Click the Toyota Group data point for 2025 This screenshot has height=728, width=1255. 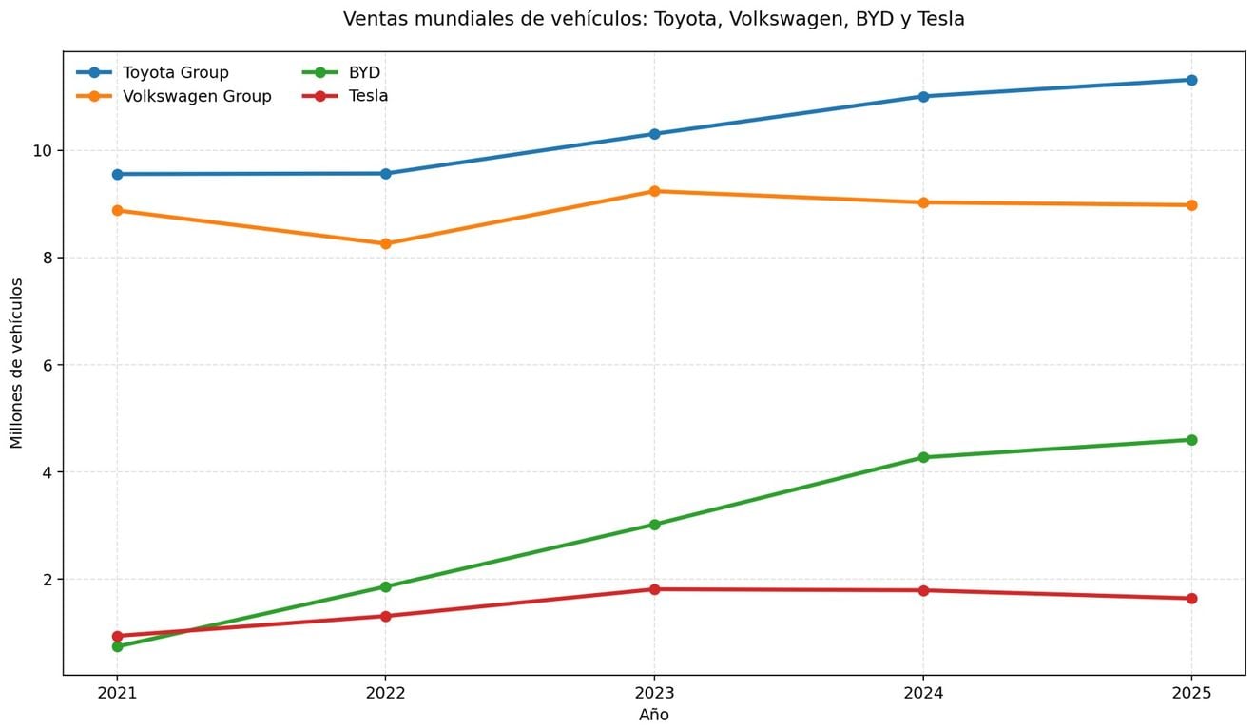click(x=1191, y=80)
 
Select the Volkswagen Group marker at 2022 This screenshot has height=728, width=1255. click(x=385, y=243)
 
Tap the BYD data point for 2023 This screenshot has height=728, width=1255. click(x=654, y=525)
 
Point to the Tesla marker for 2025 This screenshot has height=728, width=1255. click(x=1191, y=598)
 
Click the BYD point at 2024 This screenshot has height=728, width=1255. click(x=923, y=457)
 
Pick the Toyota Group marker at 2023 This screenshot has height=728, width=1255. click(x=654, y=134)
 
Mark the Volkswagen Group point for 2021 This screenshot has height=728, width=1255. click(x=117, y=211)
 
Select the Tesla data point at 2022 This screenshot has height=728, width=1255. click(x=385, y=616)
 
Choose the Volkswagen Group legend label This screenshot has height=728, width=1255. click(x=197, y=96)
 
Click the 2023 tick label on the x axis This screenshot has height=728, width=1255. click(x=654, y=693)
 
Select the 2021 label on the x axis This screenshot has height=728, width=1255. click(x=117, y=693)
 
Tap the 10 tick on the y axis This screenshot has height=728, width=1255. click(x=42, y=151)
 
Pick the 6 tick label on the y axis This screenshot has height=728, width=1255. click(x=47, y=365)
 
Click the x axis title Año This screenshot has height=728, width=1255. click(x=654, y=715)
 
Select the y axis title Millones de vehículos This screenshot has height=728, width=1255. click(x=17, y=363)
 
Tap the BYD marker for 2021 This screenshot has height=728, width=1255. click(x=117, y=647)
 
